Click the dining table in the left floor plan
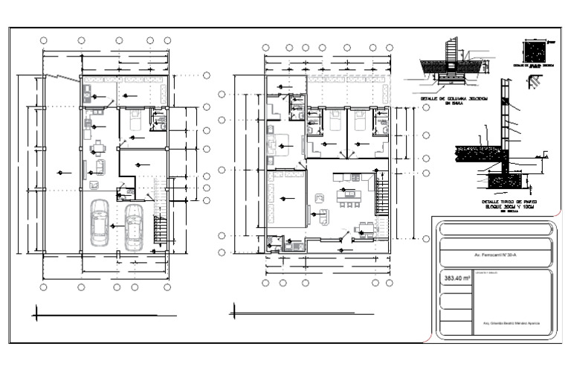pyautogui.click(x=98, y=147)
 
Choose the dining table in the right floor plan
pyautogui.click(x=365, y=229)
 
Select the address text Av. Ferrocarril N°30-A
pyautogui.click(x=494, y=255)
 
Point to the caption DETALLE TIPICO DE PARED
pyautogui.click(x=510, y=202)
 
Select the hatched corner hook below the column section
pyautogui.click(x=535, y=80)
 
